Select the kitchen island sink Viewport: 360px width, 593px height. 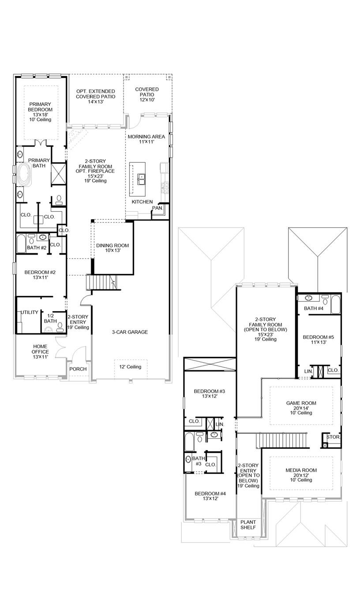coord(141,179)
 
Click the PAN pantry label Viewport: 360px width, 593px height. coord(157,208)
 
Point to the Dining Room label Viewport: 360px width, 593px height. coord(112,248)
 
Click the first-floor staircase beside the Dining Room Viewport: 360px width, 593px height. coord(102,281)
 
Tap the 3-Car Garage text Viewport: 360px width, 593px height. coord(129,332)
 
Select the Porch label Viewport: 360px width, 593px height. coord(78,369)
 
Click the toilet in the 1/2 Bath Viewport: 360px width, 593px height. coord(60,329)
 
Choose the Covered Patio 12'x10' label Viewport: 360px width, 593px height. coord(147,95)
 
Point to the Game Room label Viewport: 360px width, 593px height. coord(301,408)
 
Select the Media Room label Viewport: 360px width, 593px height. coord(301,475)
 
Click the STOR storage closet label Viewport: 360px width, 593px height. coord(333,437)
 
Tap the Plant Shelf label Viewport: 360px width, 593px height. coord(248,525)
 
